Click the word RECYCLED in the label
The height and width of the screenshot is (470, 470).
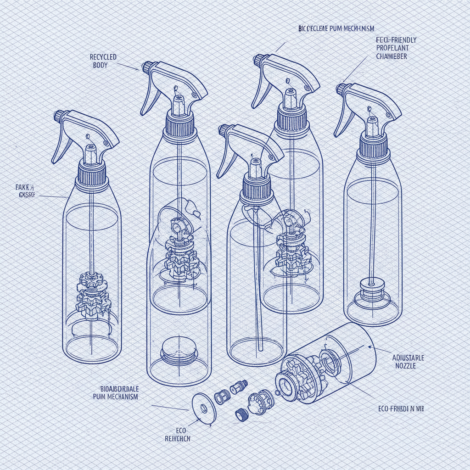(103, 57)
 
